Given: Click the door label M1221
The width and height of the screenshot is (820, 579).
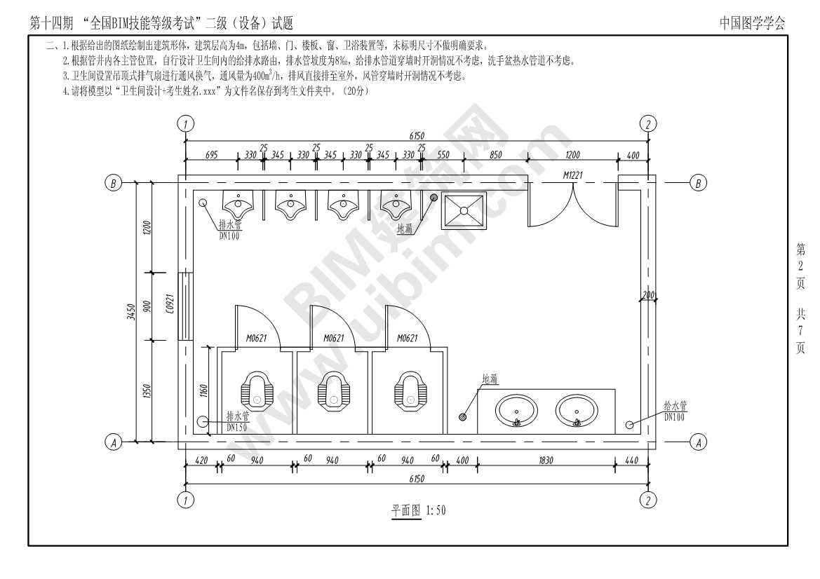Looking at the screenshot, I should (573, 175).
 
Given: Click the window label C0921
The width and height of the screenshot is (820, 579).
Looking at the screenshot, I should (169, 306).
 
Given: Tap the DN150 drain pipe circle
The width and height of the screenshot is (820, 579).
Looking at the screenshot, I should (203, 422).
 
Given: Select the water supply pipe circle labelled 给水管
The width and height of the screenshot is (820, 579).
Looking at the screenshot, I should (630, 424).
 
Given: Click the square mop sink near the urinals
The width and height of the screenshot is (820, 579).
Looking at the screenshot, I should (463, 210).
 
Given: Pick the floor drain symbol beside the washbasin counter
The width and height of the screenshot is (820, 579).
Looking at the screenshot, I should (463, 416).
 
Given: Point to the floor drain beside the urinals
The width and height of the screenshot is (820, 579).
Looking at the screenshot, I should (434, 198).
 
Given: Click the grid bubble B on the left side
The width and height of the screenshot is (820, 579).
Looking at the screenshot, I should (114, 184).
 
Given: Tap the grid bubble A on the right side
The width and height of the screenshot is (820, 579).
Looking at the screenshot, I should (698, 442).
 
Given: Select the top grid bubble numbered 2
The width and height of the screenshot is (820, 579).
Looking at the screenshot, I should (649, 124).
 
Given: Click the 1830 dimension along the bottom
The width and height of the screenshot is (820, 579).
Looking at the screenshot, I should (546, 461).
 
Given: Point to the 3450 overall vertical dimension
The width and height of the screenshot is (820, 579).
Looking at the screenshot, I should (131, 312).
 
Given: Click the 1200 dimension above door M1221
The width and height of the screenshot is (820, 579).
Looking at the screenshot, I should (573, 154).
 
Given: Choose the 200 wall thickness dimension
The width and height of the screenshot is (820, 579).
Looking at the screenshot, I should (647, 295).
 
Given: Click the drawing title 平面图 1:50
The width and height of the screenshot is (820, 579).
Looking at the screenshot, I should (418, 510).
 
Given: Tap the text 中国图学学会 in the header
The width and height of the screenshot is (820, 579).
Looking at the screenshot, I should (752, 23).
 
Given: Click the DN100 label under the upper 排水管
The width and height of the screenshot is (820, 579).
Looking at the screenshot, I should (229, 236).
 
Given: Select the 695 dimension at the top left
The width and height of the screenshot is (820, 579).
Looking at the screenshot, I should (213, 154).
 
